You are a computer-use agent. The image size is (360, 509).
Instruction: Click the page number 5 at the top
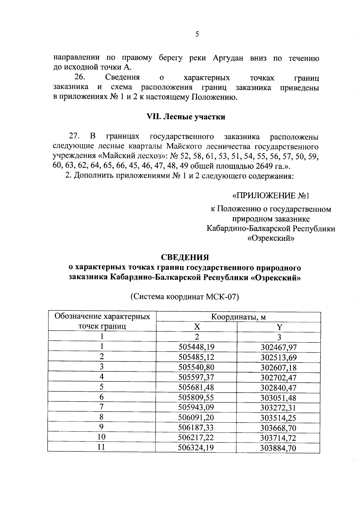tap(197, 34)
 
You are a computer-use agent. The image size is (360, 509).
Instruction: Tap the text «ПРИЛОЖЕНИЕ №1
tap(271, 196)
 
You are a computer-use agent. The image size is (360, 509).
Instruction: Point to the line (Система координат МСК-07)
tap(184, 297)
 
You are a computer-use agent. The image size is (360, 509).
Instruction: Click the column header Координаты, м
tap(238, 317)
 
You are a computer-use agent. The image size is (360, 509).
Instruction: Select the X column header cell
tap(196, 327)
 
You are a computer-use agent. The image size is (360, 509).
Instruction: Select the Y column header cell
tap(279, 327)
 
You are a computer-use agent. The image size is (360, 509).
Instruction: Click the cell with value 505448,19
tap(196, 347)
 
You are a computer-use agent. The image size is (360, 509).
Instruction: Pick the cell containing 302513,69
tap(279, 358)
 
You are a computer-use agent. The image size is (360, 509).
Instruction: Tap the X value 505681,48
tap(196, 387)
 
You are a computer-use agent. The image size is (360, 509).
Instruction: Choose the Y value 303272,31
tap(279, 408)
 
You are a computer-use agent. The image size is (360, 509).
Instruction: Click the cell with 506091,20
tap(196, 418)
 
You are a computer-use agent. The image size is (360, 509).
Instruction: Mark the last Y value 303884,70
tap(279, 448)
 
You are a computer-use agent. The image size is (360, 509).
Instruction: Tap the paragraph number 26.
tap(80, 77)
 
